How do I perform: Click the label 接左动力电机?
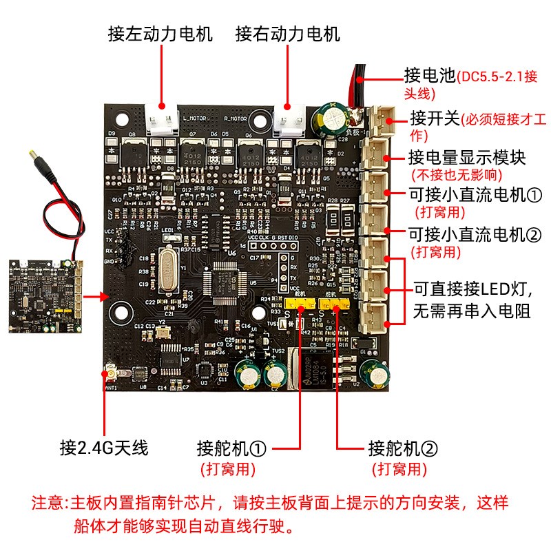tap(160, 34)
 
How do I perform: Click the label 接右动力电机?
tap(287, 34)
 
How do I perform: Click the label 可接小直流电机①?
tap(476, 195)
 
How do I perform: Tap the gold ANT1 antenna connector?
tap(110, 375)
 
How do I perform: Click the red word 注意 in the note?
tap(48, 502)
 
